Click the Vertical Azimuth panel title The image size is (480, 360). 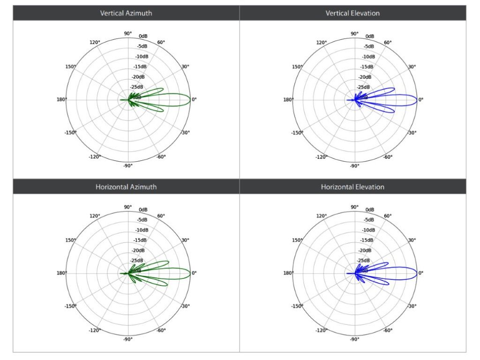126,13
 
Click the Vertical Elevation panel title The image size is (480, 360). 352,13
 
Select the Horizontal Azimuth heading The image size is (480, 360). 126,187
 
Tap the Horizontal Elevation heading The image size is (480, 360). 352,187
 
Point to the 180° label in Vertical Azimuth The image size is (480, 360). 61,99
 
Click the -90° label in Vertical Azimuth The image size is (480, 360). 127,165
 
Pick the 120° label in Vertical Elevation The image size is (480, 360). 322,43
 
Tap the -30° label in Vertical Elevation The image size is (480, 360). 412,133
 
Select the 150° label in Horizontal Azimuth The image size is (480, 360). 71,240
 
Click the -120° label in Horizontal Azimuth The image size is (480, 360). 95,330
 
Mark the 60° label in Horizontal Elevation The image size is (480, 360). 388,216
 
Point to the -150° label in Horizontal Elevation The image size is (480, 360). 297,306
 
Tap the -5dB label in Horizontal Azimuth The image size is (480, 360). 142,219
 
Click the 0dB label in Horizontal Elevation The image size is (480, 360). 370,210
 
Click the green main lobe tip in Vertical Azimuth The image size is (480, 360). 190,99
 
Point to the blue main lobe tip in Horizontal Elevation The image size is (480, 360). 417,273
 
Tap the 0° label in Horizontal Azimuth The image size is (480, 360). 195,273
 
